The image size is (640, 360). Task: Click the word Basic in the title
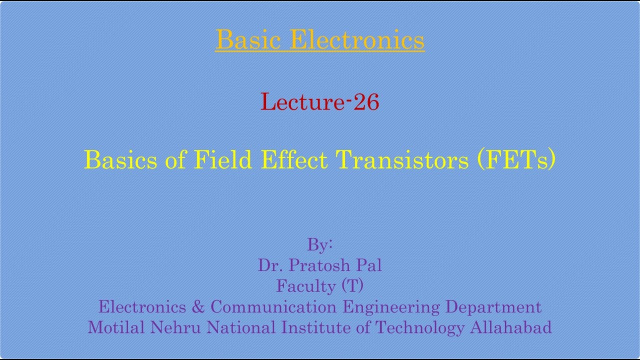(x=248, y=40)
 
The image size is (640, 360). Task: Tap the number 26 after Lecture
(x=366, y=102)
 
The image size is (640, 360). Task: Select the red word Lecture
(x=302, y=102)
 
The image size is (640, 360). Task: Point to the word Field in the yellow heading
(x=223, y=160)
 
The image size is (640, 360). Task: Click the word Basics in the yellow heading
(x=121, y=160)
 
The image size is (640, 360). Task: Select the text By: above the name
(x=320, y=245)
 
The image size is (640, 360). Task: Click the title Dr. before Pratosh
(x=267, y=265)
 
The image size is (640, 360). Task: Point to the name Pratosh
(x=317, y=265)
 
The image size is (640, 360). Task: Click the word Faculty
(x=306, y=286)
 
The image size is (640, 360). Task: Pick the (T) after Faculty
(x=352, y=286)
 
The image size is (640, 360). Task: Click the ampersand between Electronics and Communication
(x=198, y=306)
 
